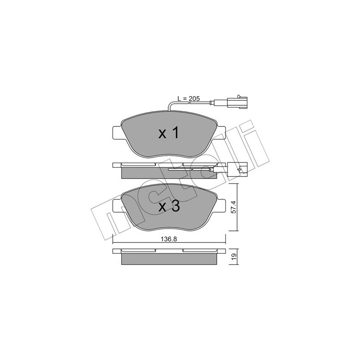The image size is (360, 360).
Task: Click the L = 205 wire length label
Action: coord(189,99)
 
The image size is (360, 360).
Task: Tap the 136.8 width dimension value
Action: coord(168,239)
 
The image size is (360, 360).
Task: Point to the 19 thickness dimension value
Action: coord(234,256)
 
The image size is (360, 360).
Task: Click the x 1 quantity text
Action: coord(168,133)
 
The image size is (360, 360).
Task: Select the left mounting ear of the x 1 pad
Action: coord(117,133)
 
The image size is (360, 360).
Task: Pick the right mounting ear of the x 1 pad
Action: coord(221,133)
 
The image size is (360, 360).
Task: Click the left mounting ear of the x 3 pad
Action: coord(117,206)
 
